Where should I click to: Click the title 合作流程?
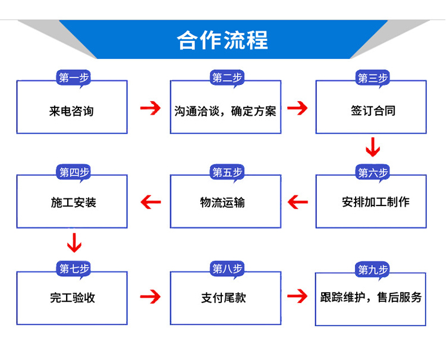[222, 40]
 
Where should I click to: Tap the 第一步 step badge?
[73, 78]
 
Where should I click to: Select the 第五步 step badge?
[227, 172]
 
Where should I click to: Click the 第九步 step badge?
[372, 269]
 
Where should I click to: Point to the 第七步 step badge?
[73, 269]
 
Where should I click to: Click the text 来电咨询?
[71, 111]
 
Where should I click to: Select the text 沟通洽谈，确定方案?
[225, 111]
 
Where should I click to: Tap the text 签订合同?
[373, 110]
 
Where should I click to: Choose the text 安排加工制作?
[376, 202]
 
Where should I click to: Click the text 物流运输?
[222, 203]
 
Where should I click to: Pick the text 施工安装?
[74, 203]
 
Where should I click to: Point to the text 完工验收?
[73, 298]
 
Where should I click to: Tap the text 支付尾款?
[224, 298]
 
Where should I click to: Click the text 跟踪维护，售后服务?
[371, 297]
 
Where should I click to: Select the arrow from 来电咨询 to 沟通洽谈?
[150, 108]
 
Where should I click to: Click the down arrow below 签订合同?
[373, 147]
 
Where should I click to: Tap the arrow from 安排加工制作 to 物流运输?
[298, 202]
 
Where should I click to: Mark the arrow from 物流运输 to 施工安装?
[151, 202]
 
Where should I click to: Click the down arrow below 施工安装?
[74, 242]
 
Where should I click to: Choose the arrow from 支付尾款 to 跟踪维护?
[297, 296]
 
